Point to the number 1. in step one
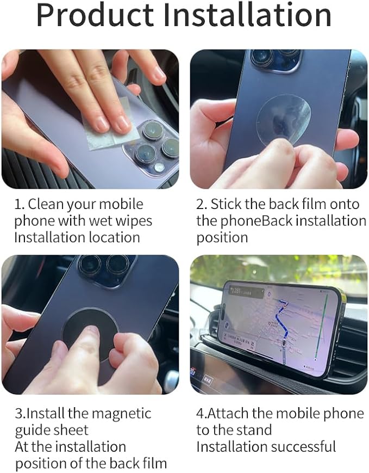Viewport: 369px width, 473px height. pyautogui.click(x=20, y=205)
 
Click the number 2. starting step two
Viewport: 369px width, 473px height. pyautogui.click(x=202, y=205)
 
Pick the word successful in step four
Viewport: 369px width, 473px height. pyautogui.click(x=302, y=447)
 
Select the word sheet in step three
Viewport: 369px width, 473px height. pyautogui.click(x=70, y=431)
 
